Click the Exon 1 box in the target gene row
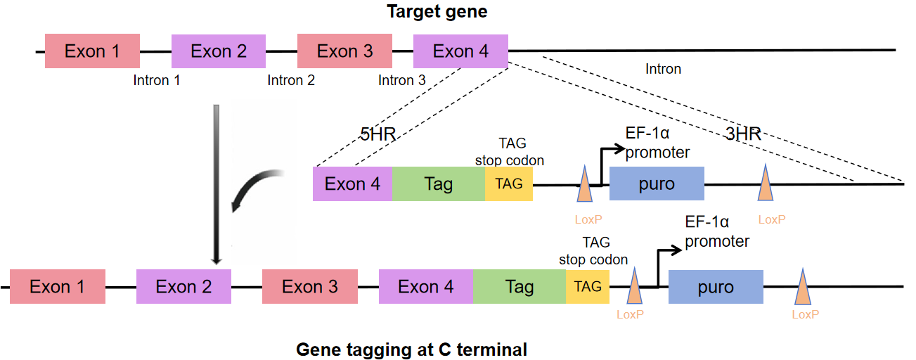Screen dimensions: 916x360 [x=92, y=51]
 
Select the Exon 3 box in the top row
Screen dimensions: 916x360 [x=344, y=51]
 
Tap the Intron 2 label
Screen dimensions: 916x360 [x=291, y=80]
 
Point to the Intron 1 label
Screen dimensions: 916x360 [x=157, y=80]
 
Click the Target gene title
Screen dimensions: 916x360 [x=437, y=11]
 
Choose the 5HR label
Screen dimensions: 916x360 [x=378, y=134]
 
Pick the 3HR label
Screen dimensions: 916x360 [x=744, y=134]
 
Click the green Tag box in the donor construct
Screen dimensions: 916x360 [x=439, y=184]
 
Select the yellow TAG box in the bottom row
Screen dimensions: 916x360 [x=588, y=287]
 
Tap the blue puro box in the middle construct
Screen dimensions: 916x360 [x=657, y=184]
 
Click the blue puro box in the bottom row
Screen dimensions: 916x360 [x=716, y=287]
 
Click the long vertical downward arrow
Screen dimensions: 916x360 [x=217, y=185]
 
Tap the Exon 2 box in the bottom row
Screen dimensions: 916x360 [x=183, y=286]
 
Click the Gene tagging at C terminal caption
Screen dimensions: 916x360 [x=411, y=349]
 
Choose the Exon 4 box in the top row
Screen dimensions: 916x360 [x=460, y=51]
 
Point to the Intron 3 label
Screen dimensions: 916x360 [x=402, y=80]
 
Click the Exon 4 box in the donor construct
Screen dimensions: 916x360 [x=352, y=184]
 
